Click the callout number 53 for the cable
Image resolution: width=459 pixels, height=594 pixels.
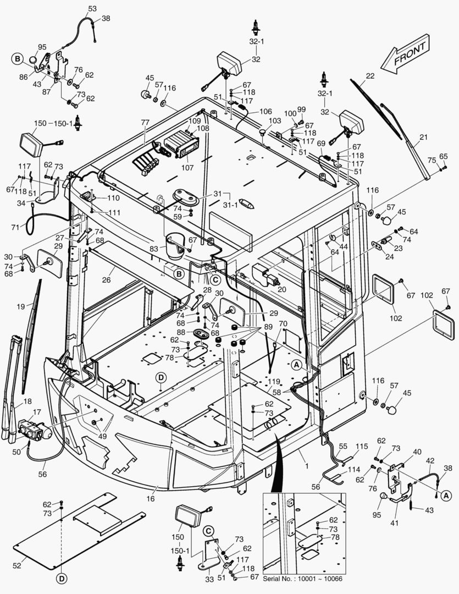(92, 9)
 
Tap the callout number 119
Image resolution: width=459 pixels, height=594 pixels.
(274, 381)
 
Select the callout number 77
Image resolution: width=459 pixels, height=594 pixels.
(145, 123)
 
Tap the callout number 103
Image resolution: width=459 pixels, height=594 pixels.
(275, 120)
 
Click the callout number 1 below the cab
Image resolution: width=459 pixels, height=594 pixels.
(307, 465)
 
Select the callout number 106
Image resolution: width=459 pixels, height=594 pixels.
(266, 111)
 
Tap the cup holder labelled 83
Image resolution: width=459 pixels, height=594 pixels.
(175, 245)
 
